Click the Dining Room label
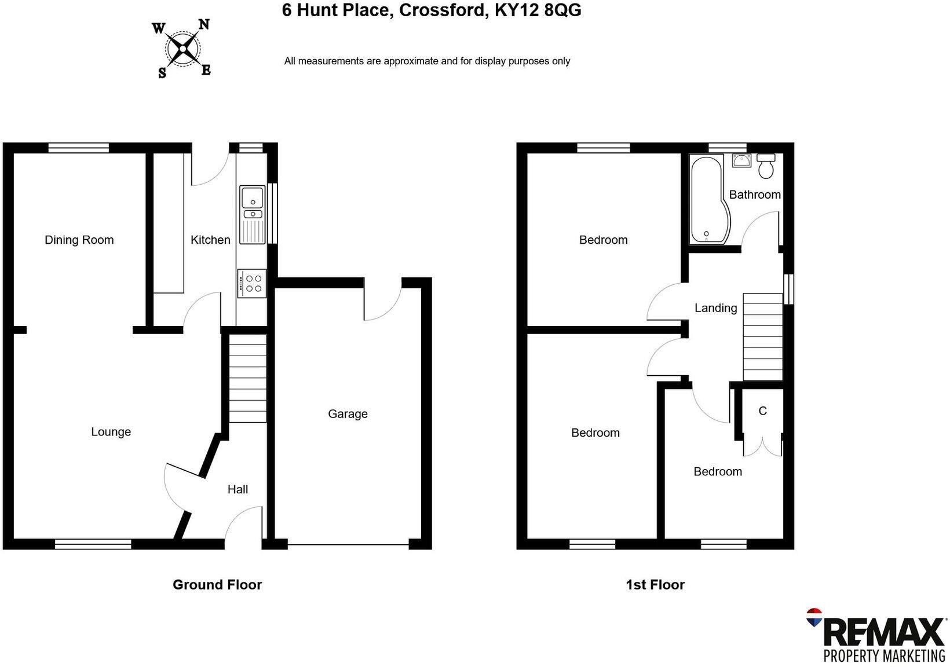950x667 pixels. pos(79,240)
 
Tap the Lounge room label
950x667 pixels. pos(111,432)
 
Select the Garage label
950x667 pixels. pos(348,414)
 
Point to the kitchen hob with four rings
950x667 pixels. pos(252,284)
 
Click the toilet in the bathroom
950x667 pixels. pos(766,166)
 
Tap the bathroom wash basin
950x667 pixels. pos(741,160)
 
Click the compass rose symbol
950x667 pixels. pos(183,49)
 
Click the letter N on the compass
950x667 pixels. pos(204,25)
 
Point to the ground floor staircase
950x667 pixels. pos(248,379)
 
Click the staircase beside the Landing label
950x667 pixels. pos(762,337)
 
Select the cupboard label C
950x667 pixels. pos(762,411)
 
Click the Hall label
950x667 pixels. pos(237,490)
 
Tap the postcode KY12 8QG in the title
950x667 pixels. pos(538,10)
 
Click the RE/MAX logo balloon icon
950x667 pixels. pos(814,617)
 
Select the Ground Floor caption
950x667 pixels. pos(217,585)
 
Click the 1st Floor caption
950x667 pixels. pos(655,585)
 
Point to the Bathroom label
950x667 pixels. pos(754,195)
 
